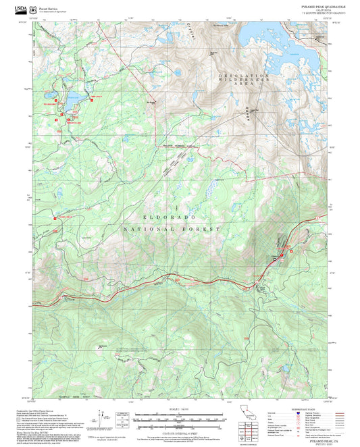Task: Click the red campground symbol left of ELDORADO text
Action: click(x=54, y=218)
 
